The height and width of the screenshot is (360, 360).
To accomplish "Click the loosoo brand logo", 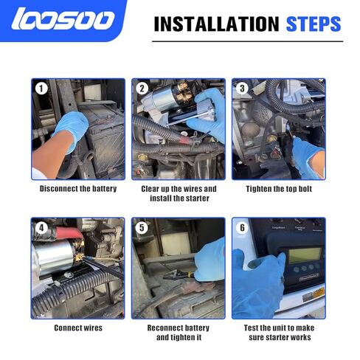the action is click(x=63, y=18).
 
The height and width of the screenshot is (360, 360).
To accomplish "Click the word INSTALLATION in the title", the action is click(x=216, y=24).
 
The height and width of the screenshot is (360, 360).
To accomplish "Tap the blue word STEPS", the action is click(x=314, y=24).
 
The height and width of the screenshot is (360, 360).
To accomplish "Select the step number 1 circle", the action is click(x=41, y=89).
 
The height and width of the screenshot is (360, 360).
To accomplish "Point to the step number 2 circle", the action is click(x=142, y=89).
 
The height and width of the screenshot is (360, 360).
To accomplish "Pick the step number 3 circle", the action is click(x=242, y=89).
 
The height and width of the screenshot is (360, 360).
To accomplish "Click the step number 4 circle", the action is click(x=41, y=228).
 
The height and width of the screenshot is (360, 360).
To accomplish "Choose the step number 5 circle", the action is click(x=142, y=228).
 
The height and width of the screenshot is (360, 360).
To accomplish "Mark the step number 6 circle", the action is click(x=242, y=228).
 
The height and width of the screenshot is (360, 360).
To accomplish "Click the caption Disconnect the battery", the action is click(x=78, y=189).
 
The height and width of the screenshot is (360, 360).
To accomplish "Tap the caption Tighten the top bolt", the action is click(x=279, y=189).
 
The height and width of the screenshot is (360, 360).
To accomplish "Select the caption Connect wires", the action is click(x=78, y=328).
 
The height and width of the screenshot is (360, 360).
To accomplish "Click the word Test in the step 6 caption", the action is click(x=251, y=328).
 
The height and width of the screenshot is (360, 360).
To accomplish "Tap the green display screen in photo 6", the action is click(x=305, y=255).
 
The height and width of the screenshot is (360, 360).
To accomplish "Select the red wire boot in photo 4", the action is click(x=69, y=233).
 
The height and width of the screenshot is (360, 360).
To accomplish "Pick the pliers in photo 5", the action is click(x=178, y=274).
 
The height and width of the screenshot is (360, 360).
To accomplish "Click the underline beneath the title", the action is click(x=248, y=41).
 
